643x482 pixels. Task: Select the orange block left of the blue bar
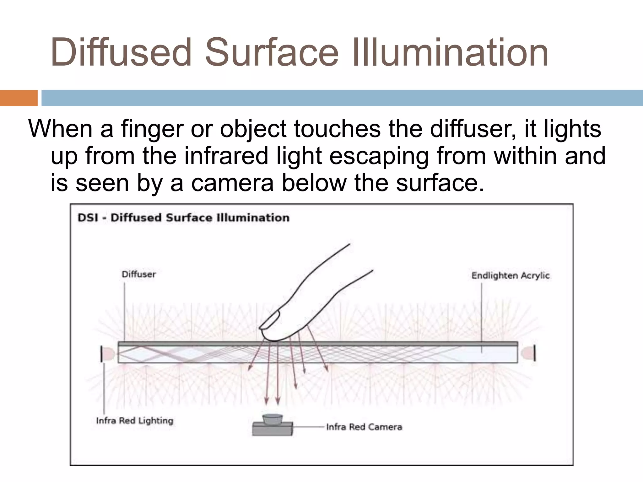pyautogui.click(x=19, y=98)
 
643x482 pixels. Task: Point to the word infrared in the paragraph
pyautogui.click(x=226, y=156)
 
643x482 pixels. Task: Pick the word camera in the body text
pyautogui.click(x=232, y=183)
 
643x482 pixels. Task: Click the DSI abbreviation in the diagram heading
pyautogui.click(x=88, y=218)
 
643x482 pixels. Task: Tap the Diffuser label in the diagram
pyautogui.click(x=138, y=275)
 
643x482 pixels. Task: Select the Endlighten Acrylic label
pyautogui.click(x=511, y=276)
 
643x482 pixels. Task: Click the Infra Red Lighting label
pyautogui.click(x=135, y=420)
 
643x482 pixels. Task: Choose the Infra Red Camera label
pyautogui.click(x=364, y=427)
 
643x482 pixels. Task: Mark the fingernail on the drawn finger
pyautogui.click(x=270, y=319)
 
